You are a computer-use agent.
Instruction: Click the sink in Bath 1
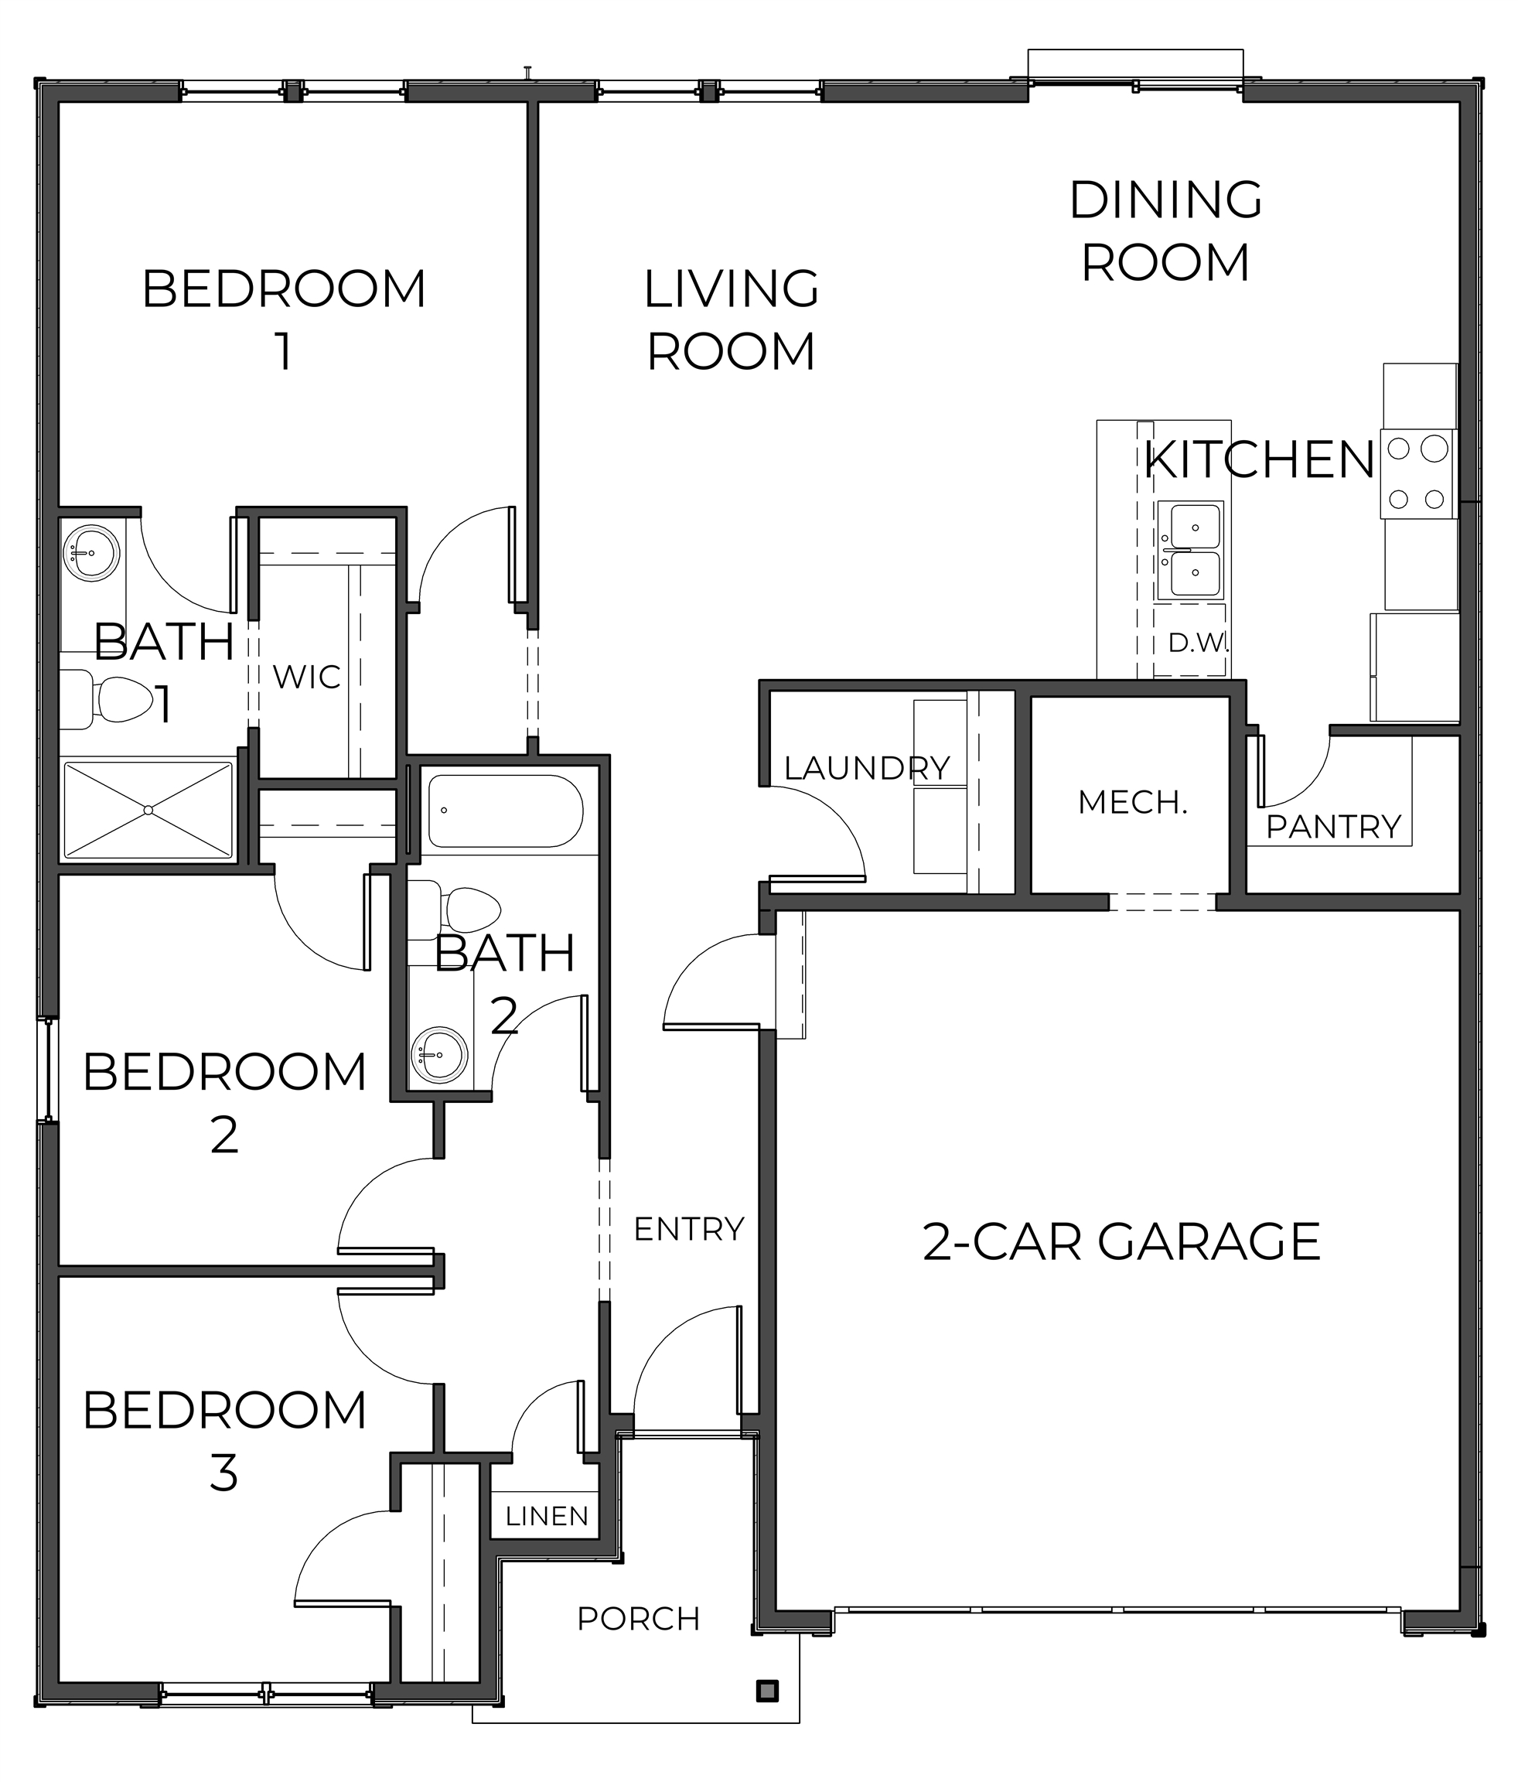[x=91, y=551]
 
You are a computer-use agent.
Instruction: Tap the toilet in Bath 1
[x=107, y=699]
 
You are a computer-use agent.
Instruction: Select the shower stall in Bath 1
[x=148, y=809]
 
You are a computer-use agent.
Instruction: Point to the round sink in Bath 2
[x=439, y=1053]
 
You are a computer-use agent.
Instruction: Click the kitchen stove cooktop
[x=1417, y=474]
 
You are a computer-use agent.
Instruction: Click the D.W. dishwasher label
[x=1198, y=642]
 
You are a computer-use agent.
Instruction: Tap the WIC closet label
[x=307, y=678]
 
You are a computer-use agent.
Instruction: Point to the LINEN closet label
[x=547, y=1516]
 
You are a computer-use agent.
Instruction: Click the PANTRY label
[x=1334, y=827]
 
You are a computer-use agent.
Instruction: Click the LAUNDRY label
[x=867, y=768]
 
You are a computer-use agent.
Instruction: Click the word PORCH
[x=639, y=1619]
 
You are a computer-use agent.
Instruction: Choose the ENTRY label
[x=689, y=1229]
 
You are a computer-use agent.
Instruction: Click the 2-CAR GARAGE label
[x=1121, y=1242]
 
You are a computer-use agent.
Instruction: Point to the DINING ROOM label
[x=1165, y=230]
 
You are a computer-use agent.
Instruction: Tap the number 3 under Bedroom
[x=223, y=1473]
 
